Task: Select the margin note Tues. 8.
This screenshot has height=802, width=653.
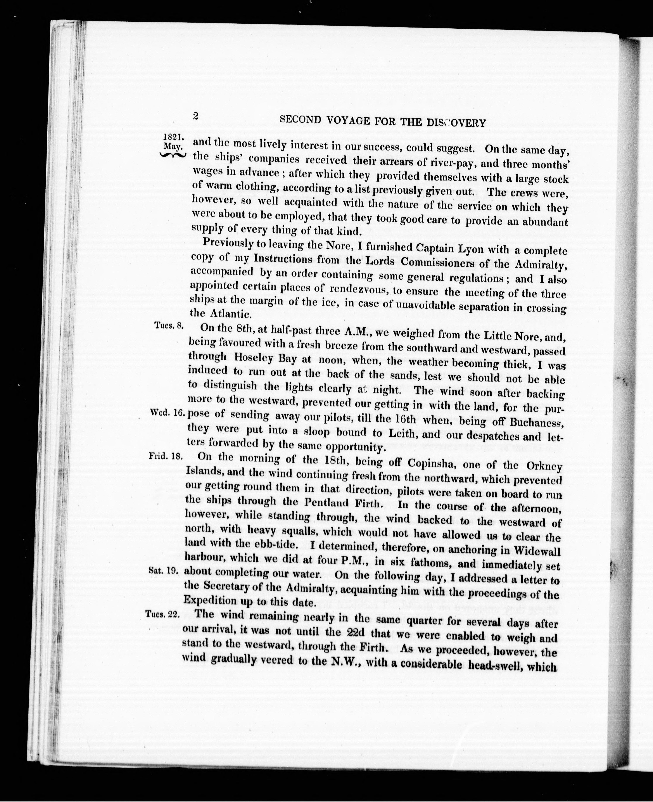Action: pyautogui.click(x=169, y=325)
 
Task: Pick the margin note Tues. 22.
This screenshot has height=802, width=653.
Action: pyautogui.click(x=162, y=614)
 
